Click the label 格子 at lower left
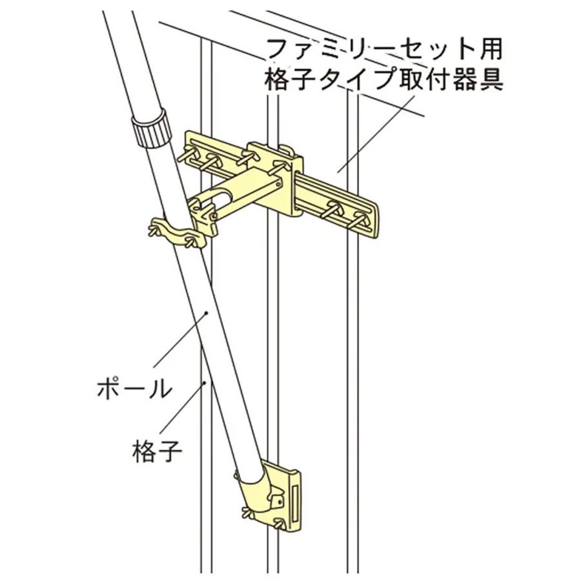click(156, 450)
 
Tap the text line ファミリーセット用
click(383, 50)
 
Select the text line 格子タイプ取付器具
click(383, 79)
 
